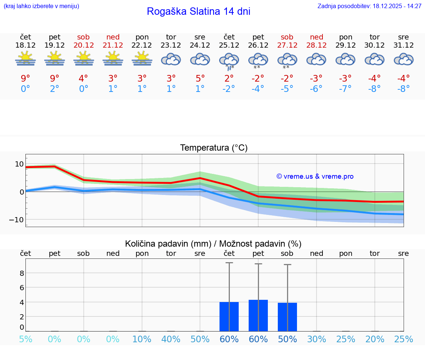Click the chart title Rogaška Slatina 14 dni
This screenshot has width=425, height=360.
pyautogui.click(x=198, y=11)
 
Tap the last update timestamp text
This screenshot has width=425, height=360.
pyautogui.click(x=369, y=6)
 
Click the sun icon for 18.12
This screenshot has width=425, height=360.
pyautogui.click(x=25, y=59)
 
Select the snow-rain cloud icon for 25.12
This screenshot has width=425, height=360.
pyautogui.click(x=229, y=61)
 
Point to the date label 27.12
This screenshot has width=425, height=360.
pyautogui.click(x=287, y=45)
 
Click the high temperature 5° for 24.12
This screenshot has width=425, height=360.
pyautogui.click(x=200, y=78)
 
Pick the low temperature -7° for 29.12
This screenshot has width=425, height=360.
pyautogui.click(x=346, y=89)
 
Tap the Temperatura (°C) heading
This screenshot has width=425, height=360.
pyautogui.click(x=214, y=148)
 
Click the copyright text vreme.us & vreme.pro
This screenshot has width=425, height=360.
pyautogui.click(x=315, y=176)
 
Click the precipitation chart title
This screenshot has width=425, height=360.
pyautogui.click(x=213, y=244)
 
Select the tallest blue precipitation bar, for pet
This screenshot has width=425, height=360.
pyautogui.click(x=258, y=315)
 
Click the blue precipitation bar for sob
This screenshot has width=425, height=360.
pyautogui.click(x=287, y=317)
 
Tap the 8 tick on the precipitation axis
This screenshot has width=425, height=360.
pyautogui.click(x=22, y=273)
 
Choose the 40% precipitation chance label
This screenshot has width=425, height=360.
pyautogui.click(x=171, y=339)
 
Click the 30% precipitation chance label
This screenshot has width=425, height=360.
pyautogui.click(x=317, y=339)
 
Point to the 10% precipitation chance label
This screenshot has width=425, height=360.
pyautogui.click(x=142, y=339)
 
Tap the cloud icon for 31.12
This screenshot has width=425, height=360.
pyautogui.click(x=404, y=59)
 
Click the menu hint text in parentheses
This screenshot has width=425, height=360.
pyautogui.click(x=41, y=6)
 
